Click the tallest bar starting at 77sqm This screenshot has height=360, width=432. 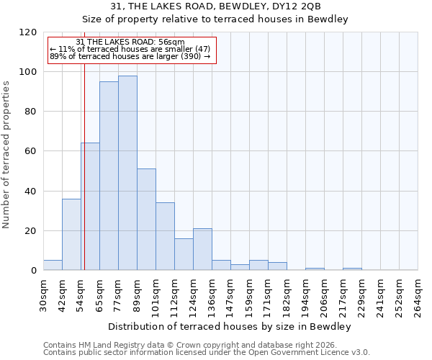[x=127, y=173]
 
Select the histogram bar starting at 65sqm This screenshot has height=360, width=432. [x=109, y=176]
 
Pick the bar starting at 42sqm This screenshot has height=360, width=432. [x=71, y=234]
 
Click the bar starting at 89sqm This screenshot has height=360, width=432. [x=146, y=220]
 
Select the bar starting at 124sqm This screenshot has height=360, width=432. [x=202, y=249]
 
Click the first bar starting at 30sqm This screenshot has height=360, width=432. [x=53, y=265]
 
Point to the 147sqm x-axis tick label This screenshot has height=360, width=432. [x=230, y=296]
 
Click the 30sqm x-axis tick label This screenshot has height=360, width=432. [x=43, y=296]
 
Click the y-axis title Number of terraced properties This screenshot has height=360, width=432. [x=7, y=155]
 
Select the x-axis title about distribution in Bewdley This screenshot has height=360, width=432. [x=230, y=327]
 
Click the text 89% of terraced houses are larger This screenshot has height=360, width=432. [x=130, y=56]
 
